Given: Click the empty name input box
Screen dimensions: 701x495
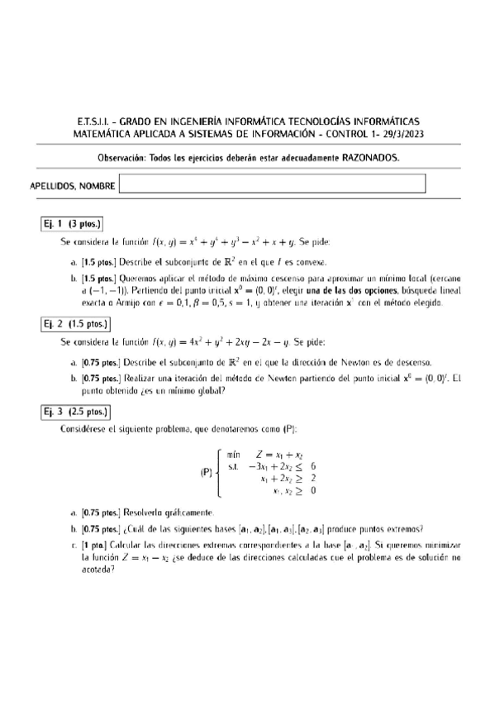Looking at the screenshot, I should [272, 184].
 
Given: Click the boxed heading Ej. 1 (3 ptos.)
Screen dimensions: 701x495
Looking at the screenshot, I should [72, 224].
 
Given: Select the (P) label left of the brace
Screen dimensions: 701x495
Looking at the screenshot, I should [207, 474].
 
